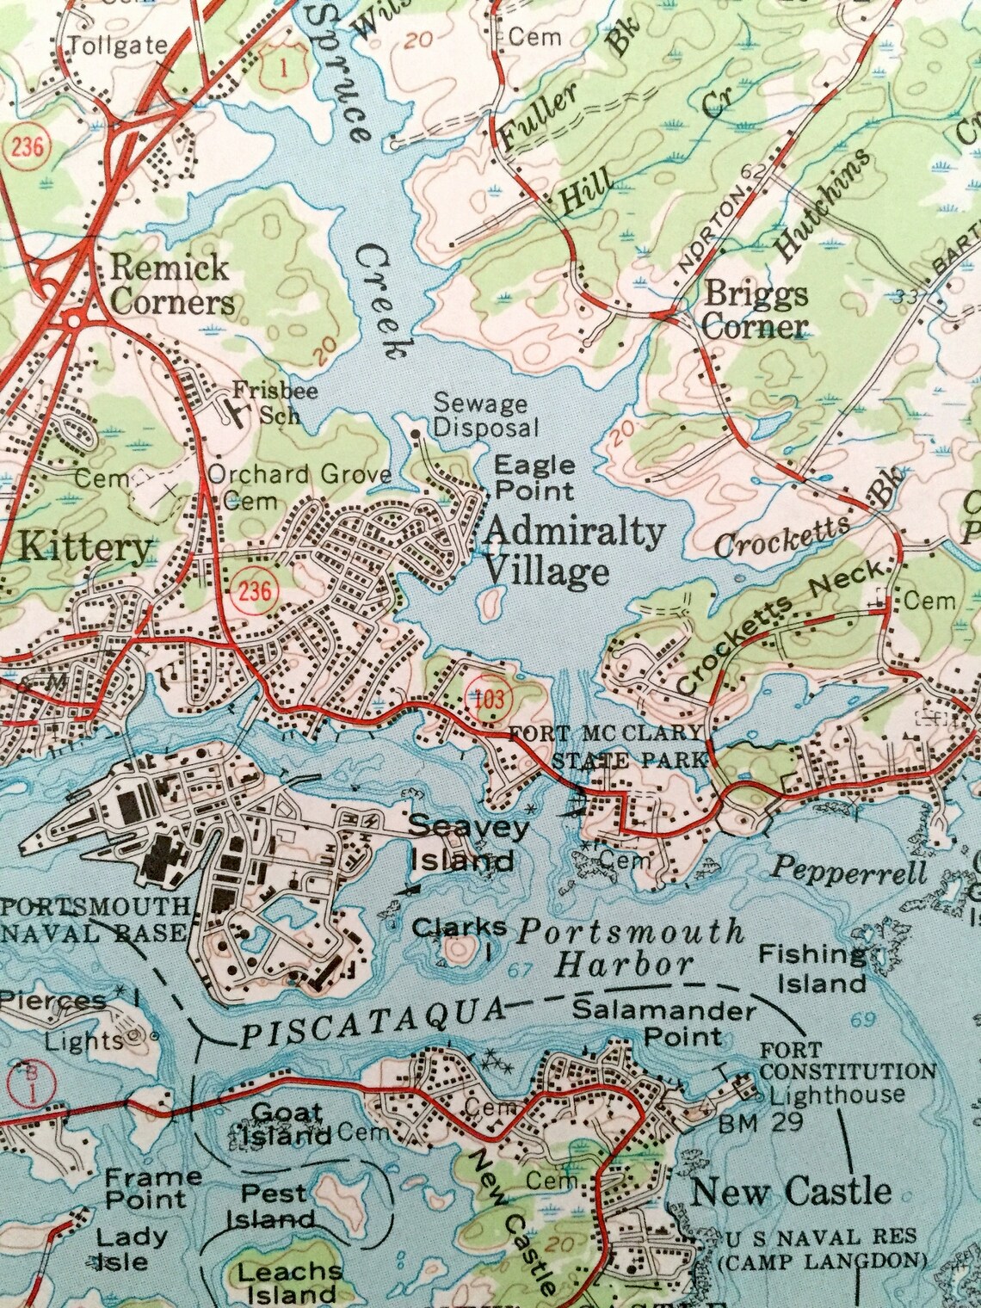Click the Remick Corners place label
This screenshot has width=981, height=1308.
pyautogui.click(x=172, y=285)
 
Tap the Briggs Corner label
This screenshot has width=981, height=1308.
pyautogui.click(x=756, y=310)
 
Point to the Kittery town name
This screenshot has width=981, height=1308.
pyautogui.click(x=84, y=547)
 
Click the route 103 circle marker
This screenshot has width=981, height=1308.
pyautogui.click(x=488, y=698)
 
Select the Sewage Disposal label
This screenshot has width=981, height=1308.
pyautogui.click(x=485, y=414)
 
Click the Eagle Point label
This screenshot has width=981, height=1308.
pyautogui.click(x=534, y=478)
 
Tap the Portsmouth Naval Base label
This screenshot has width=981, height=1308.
pyautogui.click(x=95, y=919)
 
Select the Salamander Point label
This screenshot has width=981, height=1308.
pyautogui.click(x=664, y=1022)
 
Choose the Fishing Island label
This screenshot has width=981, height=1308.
pyautogui.click(x=811, y=968)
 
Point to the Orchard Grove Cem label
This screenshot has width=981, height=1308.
pyautogui.click(x=298, y=486)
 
